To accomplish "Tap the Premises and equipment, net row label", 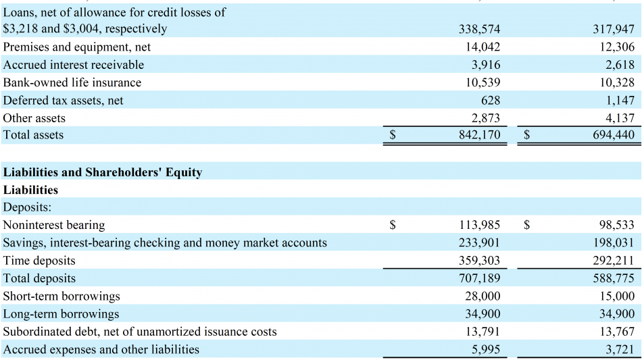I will coord(77,47).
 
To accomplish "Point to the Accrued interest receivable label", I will coord(74,65).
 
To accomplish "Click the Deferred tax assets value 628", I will coord(491,100).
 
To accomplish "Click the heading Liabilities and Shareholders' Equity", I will coord(103,172).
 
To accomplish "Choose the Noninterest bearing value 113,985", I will coord(479,225).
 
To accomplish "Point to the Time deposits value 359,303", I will coord(479,261).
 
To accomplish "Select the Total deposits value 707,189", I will coord(479,278).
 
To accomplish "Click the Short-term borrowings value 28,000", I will coord(483,296).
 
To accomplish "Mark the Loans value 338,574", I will coord(479,29).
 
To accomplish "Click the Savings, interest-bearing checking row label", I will coord(165,242).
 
